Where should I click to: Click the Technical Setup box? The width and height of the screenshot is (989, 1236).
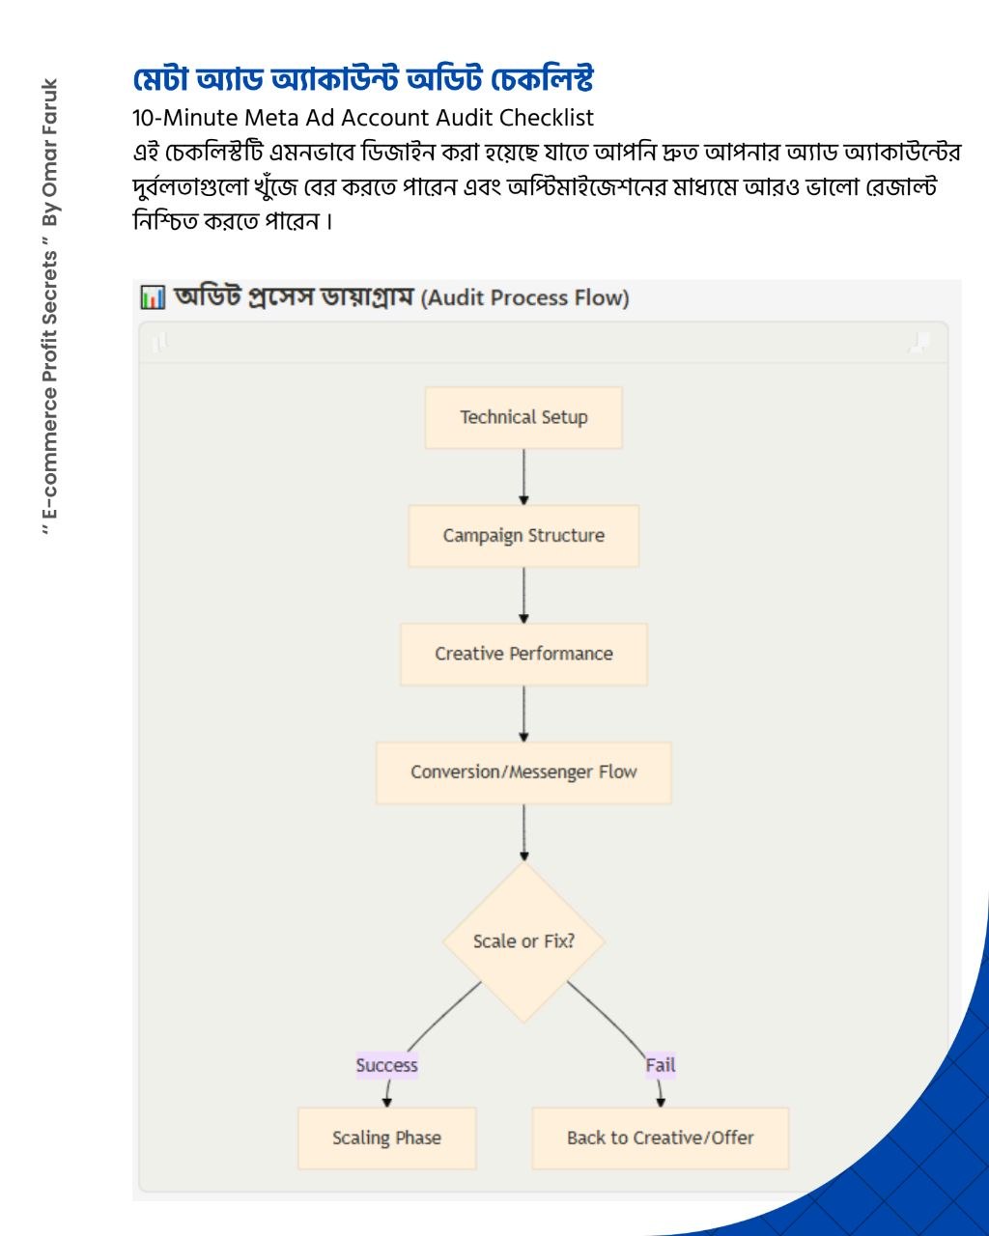(523, 417)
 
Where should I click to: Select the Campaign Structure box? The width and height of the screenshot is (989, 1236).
(523, 536)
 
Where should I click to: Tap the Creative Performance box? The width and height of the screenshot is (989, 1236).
(523, 654)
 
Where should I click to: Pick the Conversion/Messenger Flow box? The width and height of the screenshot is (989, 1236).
(523, 772)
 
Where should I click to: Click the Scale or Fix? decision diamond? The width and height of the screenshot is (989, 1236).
(523, 941)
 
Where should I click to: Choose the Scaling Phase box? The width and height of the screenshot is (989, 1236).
(386, 1138)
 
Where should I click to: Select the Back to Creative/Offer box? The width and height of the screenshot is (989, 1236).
(661, 1138)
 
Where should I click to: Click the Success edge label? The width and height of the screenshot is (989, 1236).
(386, 1065)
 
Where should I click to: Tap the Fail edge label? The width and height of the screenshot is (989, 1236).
(661, 1065)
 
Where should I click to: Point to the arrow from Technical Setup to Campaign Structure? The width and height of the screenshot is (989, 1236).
(523, 477)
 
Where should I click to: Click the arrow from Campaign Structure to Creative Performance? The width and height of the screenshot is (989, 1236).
(523, 596)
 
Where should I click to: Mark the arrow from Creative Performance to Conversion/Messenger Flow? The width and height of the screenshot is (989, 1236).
(523, 714)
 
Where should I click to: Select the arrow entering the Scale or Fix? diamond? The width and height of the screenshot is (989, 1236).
(523, 832)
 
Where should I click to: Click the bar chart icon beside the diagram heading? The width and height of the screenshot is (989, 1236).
(153, 297)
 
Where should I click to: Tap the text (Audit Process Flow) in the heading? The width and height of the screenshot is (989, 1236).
(524, 298)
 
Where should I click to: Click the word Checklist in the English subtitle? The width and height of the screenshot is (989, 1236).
(546, 118)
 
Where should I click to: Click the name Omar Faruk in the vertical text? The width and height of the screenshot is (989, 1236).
(50, 138)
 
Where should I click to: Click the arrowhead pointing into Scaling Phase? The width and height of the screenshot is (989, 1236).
(386, 1102)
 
